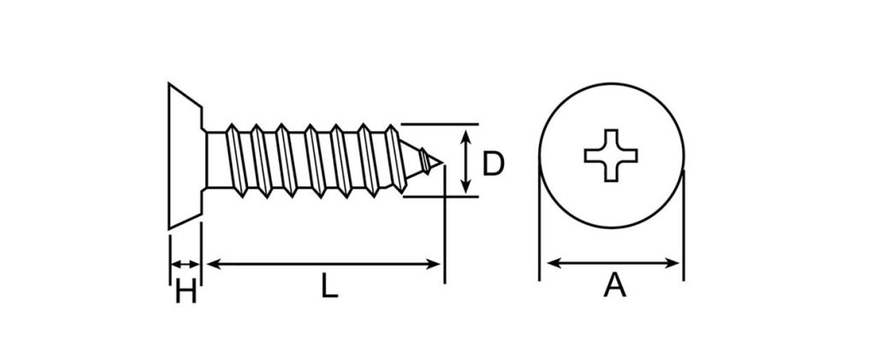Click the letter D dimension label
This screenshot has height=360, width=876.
tap(493, 164)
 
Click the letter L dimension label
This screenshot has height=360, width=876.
tap(328, 286)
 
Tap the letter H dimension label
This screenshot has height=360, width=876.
tap(186, 291)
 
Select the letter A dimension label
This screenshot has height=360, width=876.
tap(614, 286)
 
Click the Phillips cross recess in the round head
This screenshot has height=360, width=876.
tap(611, 155)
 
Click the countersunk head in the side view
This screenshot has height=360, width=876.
tap(185, 156)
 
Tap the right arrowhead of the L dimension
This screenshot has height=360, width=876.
tap(435, 264)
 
